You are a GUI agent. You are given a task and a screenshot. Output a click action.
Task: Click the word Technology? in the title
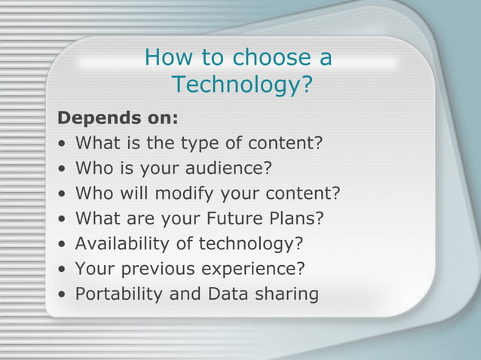[241, 84]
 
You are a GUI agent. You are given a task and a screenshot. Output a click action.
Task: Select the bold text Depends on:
[118, 118]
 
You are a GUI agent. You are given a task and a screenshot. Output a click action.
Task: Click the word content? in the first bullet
[286, 143]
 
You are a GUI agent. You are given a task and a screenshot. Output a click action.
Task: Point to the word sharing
[286, 294]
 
